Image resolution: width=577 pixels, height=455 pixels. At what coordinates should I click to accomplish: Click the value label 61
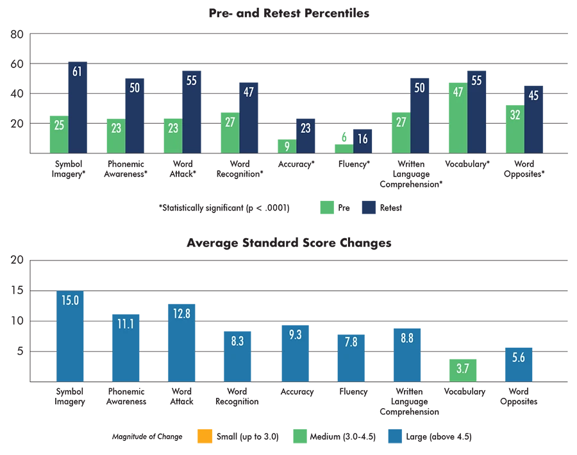click(x=77, y=72)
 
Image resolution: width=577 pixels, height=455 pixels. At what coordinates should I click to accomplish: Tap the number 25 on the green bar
click(x=59, y=126)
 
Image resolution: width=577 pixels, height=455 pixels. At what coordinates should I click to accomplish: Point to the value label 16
click(x=362, y=139)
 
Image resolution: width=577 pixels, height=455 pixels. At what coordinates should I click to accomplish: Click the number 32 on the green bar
click(x=514, y=116)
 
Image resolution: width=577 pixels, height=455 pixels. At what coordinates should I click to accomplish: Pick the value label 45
click(x=533, y=96)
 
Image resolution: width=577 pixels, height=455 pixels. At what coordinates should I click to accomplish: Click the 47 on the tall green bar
click(x=457, y=92)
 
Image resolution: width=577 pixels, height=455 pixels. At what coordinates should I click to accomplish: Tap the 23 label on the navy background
click(x=305, y=128)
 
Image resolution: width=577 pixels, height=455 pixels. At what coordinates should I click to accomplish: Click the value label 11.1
click(x=126, y=324)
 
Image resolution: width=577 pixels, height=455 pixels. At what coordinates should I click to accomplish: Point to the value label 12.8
click(x=182, y=314)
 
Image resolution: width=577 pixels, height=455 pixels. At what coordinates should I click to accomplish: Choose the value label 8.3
click(x=237, y=341)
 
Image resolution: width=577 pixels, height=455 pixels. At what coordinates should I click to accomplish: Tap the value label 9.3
click(x=295, y=334)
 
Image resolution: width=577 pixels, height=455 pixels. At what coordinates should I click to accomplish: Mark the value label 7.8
click(x=351, y=342)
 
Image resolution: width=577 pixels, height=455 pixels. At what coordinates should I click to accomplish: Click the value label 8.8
click(x=406, y=338)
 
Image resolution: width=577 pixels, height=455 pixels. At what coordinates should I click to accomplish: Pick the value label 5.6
click(x=519, y=358)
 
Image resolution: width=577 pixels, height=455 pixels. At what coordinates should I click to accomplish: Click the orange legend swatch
click(x=205, y=436)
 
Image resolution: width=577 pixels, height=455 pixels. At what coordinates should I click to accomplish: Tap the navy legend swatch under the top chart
click(x=369, y=208)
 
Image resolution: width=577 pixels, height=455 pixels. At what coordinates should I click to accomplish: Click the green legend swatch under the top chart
click(x=328, y=208)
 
